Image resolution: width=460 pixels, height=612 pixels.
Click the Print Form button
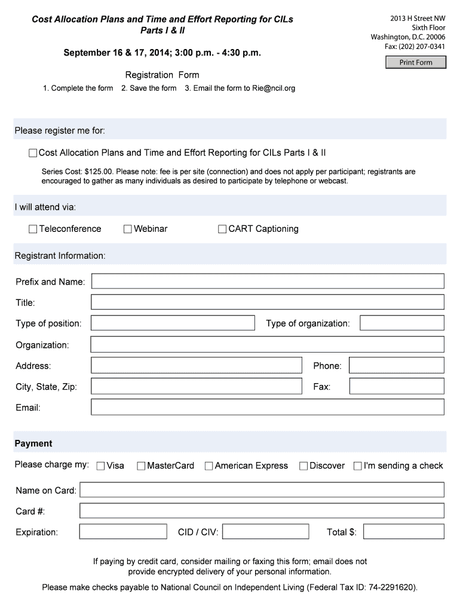point(415,62)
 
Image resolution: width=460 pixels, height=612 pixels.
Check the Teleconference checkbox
point(33,229)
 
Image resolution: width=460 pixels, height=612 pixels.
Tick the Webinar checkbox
point(128,229)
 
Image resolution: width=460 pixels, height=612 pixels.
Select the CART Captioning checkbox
point(222,229)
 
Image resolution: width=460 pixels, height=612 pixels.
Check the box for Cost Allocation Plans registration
point(33,154)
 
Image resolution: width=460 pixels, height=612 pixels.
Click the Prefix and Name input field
point(267,281)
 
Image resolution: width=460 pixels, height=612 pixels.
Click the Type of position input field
point(173,323)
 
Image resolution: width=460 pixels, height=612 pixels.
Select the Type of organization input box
point(401,323)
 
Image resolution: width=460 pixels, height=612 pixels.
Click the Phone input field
point(396,366)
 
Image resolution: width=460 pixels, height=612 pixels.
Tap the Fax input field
point(396,387)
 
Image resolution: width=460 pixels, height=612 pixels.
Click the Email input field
point(267,408)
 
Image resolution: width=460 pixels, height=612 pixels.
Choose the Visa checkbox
point(100,466)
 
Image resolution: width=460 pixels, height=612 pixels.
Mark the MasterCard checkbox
point(141,466)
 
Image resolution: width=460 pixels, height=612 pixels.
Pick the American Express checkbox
point(208,466)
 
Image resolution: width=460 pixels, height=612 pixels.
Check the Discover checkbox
point(303,466)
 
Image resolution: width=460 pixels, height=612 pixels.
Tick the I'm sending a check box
point(358,466)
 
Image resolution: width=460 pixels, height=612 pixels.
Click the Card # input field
point(262,511)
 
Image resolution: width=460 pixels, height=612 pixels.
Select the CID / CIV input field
point(266,532)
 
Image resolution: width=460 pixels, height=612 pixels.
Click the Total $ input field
point(403,532)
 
